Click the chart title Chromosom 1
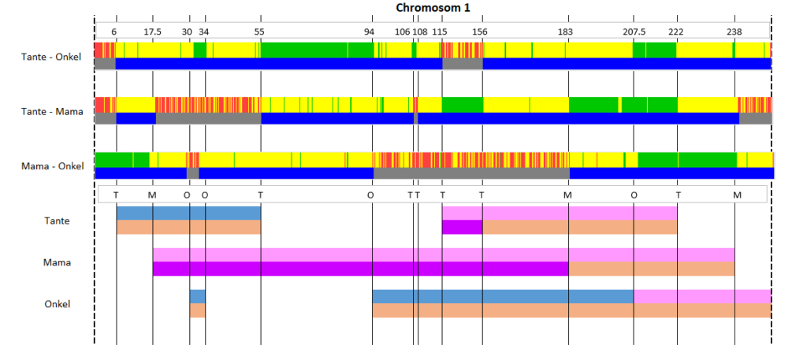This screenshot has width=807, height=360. point(433,8)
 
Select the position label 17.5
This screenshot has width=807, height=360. point(152,32)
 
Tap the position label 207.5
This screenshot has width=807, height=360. point(634,32)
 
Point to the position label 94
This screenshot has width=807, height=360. point(370,32)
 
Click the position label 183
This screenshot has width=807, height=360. point(565,32)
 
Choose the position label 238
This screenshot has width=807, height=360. point(734,32)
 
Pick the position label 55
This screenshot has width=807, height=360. point(259,32)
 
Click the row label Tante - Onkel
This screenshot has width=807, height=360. point(51,57)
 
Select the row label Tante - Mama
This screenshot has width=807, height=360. point(52,111)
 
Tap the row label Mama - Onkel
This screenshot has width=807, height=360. point(52,166)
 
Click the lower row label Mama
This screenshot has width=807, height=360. point(57,262)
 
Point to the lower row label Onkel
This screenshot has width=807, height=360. point(57,304)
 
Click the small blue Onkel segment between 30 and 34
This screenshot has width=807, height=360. point(198,297)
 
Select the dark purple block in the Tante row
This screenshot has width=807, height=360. point(462,227)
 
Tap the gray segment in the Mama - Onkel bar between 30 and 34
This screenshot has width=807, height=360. point(192,173)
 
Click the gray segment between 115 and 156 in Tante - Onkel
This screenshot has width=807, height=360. point(463,63)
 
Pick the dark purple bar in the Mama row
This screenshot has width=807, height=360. point(361,269)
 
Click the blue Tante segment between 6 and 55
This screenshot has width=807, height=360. point(189,213)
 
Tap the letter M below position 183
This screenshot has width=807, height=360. point(567,195)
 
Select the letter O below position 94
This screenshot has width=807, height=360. point(370,195)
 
